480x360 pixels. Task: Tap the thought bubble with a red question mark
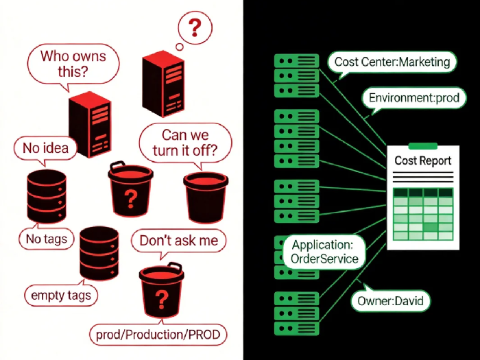[x=195, y=28]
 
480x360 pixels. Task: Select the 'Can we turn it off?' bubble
[x=185, y=143]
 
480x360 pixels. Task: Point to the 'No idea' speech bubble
[x=45, y=147]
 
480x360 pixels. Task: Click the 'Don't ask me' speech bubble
[x=178, y=241]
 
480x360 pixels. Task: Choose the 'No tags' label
[x=47, y=239]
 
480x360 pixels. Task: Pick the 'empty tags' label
[x=61, y=296]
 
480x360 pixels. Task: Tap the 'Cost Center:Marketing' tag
[x=392, y=62]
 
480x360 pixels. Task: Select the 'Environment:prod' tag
[x=413, y=98]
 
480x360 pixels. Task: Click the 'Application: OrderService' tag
[x=324, y=252]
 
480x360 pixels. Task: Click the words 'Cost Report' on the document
[x=423, y=161]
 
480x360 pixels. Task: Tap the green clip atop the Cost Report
[x=422, y=145]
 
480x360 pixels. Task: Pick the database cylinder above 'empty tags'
[x=99, y=252]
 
